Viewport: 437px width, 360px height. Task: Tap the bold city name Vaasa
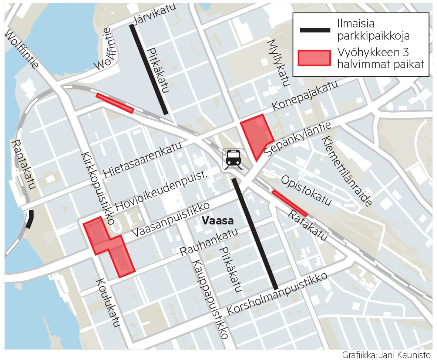pyautogui.click(x=218, y=221)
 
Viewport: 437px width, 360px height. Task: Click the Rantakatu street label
pyautogui.click(x=23, y=164)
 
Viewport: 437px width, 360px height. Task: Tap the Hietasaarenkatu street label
pyautogui.click(x=142, y=160)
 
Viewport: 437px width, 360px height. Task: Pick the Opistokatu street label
pyautogui.click(x=306, y=191)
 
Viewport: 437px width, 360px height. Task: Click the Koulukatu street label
pyautogui.click(x=108, y=303)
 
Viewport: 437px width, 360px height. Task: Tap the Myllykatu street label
pyautogui.click(x=278, y=63)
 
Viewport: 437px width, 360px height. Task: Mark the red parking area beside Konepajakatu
pyautogui.click(x=256, y=135)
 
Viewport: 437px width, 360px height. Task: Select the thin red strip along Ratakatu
pyautogui.click(x=289, y=203)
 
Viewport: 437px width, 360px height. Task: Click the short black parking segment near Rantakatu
pyautogui.click(x=29, y=219)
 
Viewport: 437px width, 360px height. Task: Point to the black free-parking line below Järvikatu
pyautogui.click(x=149, y=69)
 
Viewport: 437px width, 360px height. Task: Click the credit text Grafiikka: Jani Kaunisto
pyautogui.click(x=386, y=354)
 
